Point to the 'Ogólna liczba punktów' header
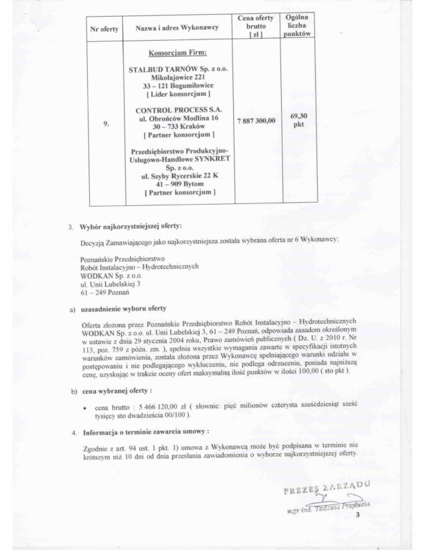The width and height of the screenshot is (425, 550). coord(295,24)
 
